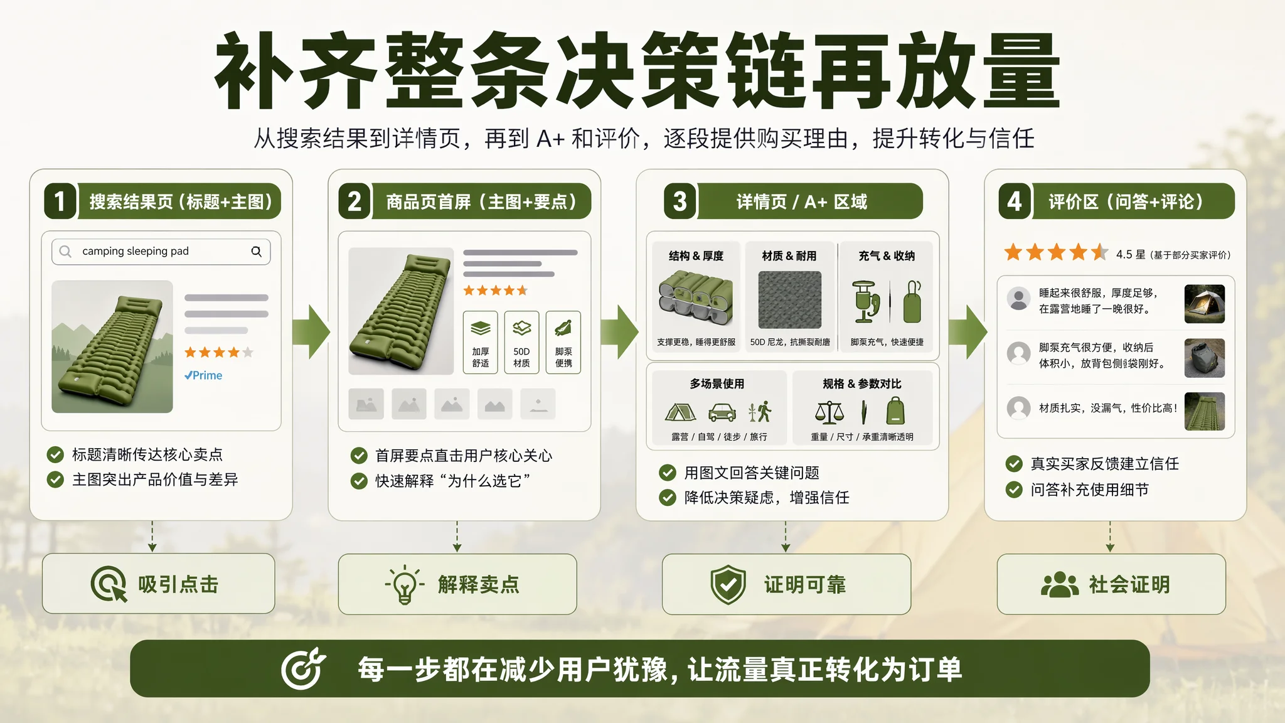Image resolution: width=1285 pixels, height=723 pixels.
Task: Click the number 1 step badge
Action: point(60,201)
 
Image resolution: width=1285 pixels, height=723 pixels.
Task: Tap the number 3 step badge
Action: point(680,201)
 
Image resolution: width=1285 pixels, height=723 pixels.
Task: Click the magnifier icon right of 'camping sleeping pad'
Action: point(256,251)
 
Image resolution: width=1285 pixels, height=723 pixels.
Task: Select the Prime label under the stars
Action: point(203,375)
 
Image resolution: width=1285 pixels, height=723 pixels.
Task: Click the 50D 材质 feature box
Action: point(521,342)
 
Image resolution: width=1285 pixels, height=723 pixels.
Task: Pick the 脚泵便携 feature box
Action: point(563,342)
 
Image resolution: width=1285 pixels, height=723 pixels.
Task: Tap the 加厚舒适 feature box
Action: point(481,342)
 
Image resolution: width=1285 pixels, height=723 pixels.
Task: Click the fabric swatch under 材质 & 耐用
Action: point(789,300)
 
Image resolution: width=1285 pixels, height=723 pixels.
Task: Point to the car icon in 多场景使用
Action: point(722,412)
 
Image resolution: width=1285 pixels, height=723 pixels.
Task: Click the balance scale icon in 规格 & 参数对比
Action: point(829,412)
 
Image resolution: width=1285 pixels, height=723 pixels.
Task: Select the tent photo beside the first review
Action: point(1204,304)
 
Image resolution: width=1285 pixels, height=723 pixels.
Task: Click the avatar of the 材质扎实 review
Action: point(1018,408)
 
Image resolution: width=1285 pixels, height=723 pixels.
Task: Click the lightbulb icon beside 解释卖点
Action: point(405,584)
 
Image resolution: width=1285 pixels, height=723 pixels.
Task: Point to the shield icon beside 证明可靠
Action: point(728,585)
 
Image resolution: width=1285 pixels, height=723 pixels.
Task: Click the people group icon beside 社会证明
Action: point(1060,584)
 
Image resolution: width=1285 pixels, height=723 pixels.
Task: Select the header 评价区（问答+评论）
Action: point(1126,201)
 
